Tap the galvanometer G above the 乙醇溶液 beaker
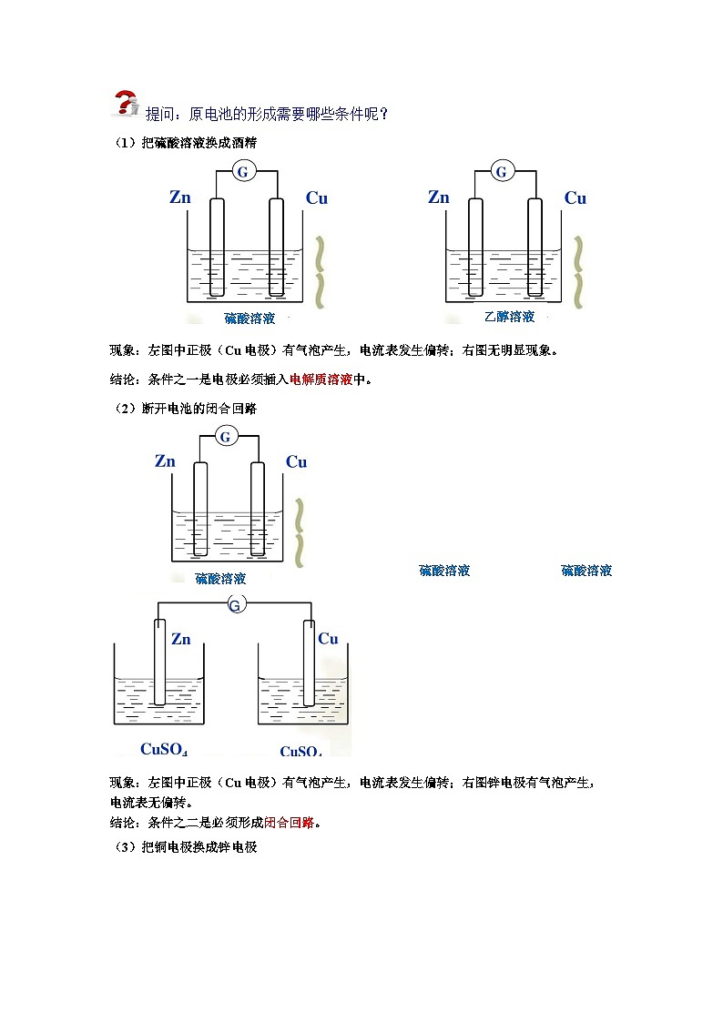501,171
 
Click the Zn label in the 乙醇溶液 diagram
439,197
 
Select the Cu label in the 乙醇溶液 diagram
575,198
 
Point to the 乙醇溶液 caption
509,317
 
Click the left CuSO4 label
164,749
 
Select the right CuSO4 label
300,751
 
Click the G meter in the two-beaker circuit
235,604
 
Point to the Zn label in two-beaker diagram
181,639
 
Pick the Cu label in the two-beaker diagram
328,639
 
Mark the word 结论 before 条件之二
123,822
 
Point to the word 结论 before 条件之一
123,379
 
